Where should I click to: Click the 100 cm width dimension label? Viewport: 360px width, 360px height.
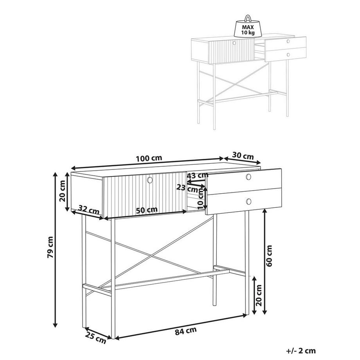pyautogui.click(x=149, y=158)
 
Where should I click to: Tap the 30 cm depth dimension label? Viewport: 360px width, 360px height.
pyautogui.click(x=243, y=156)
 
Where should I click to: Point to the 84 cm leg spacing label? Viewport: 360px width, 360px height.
pyautogui.click(x=186, y=331)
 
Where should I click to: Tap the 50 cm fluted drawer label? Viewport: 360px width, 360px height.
pyautogui.click(x=147, y=210)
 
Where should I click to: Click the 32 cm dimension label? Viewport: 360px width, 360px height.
pyautogui.click(x=89, y=209)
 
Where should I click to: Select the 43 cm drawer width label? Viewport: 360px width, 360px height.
pyautogui.click(x=198, y=175)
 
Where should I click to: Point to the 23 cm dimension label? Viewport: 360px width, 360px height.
pyautogui.click(x=187, y=189)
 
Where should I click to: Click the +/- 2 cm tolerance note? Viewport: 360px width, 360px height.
pyautogui.click(x=301, y=351)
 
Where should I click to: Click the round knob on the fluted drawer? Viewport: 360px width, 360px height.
pyautogui.click(x=150, y=180)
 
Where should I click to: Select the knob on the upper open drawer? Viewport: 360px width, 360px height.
pyautogui.click(x=248, y=177)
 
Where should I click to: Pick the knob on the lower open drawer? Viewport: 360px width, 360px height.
pyautogui.click(x=248, y=202)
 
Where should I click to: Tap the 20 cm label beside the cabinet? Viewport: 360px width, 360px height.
pyautogui.click(x=62, y=191)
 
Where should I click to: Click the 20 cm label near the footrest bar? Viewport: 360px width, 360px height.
pyautogui.click(x=259, y=295)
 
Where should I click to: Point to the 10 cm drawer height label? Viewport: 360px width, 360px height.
pyautogui.click(x=200, y=198)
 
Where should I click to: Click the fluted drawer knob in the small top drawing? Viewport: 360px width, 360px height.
pyautogui.click(x=234, y=43)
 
